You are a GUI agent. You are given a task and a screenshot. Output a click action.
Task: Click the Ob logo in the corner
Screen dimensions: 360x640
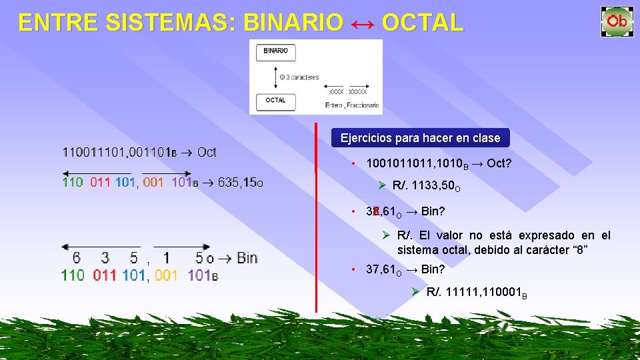click(x=617, y=21)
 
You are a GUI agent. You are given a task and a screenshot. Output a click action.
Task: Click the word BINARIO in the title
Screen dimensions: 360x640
click(x=293, y=23)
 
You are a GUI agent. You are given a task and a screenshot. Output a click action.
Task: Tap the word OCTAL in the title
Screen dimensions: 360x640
click(x=422, y=23)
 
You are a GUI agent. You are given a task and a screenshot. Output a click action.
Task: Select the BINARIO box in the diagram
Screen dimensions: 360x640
click(x=276, y=52)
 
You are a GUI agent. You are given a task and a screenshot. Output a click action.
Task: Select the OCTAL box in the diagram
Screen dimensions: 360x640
click(x=276, y=101)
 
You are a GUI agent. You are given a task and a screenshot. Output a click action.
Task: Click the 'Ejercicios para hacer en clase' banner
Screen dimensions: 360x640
click(x=420, y=138)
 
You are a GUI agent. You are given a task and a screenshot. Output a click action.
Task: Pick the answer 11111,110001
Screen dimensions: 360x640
click(x=476, y=292)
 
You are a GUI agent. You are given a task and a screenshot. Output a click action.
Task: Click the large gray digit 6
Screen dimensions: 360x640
click(x=77, y=257)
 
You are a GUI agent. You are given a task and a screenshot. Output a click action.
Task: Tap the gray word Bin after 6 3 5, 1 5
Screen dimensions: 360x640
click(x=247, y=257)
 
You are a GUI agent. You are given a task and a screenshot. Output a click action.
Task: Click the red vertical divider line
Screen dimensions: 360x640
click(x=316, y=220)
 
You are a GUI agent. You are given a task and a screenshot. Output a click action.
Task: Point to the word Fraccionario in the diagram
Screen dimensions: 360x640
click(x=363, y=105)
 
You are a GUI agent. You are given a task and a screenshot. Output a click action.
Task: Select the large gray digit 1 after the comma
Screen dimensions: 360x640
click(x=166, y=257)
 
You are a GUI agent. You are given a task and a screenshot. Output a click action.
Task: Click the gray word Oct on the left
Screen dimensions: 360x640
click(x=207, y=152)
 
